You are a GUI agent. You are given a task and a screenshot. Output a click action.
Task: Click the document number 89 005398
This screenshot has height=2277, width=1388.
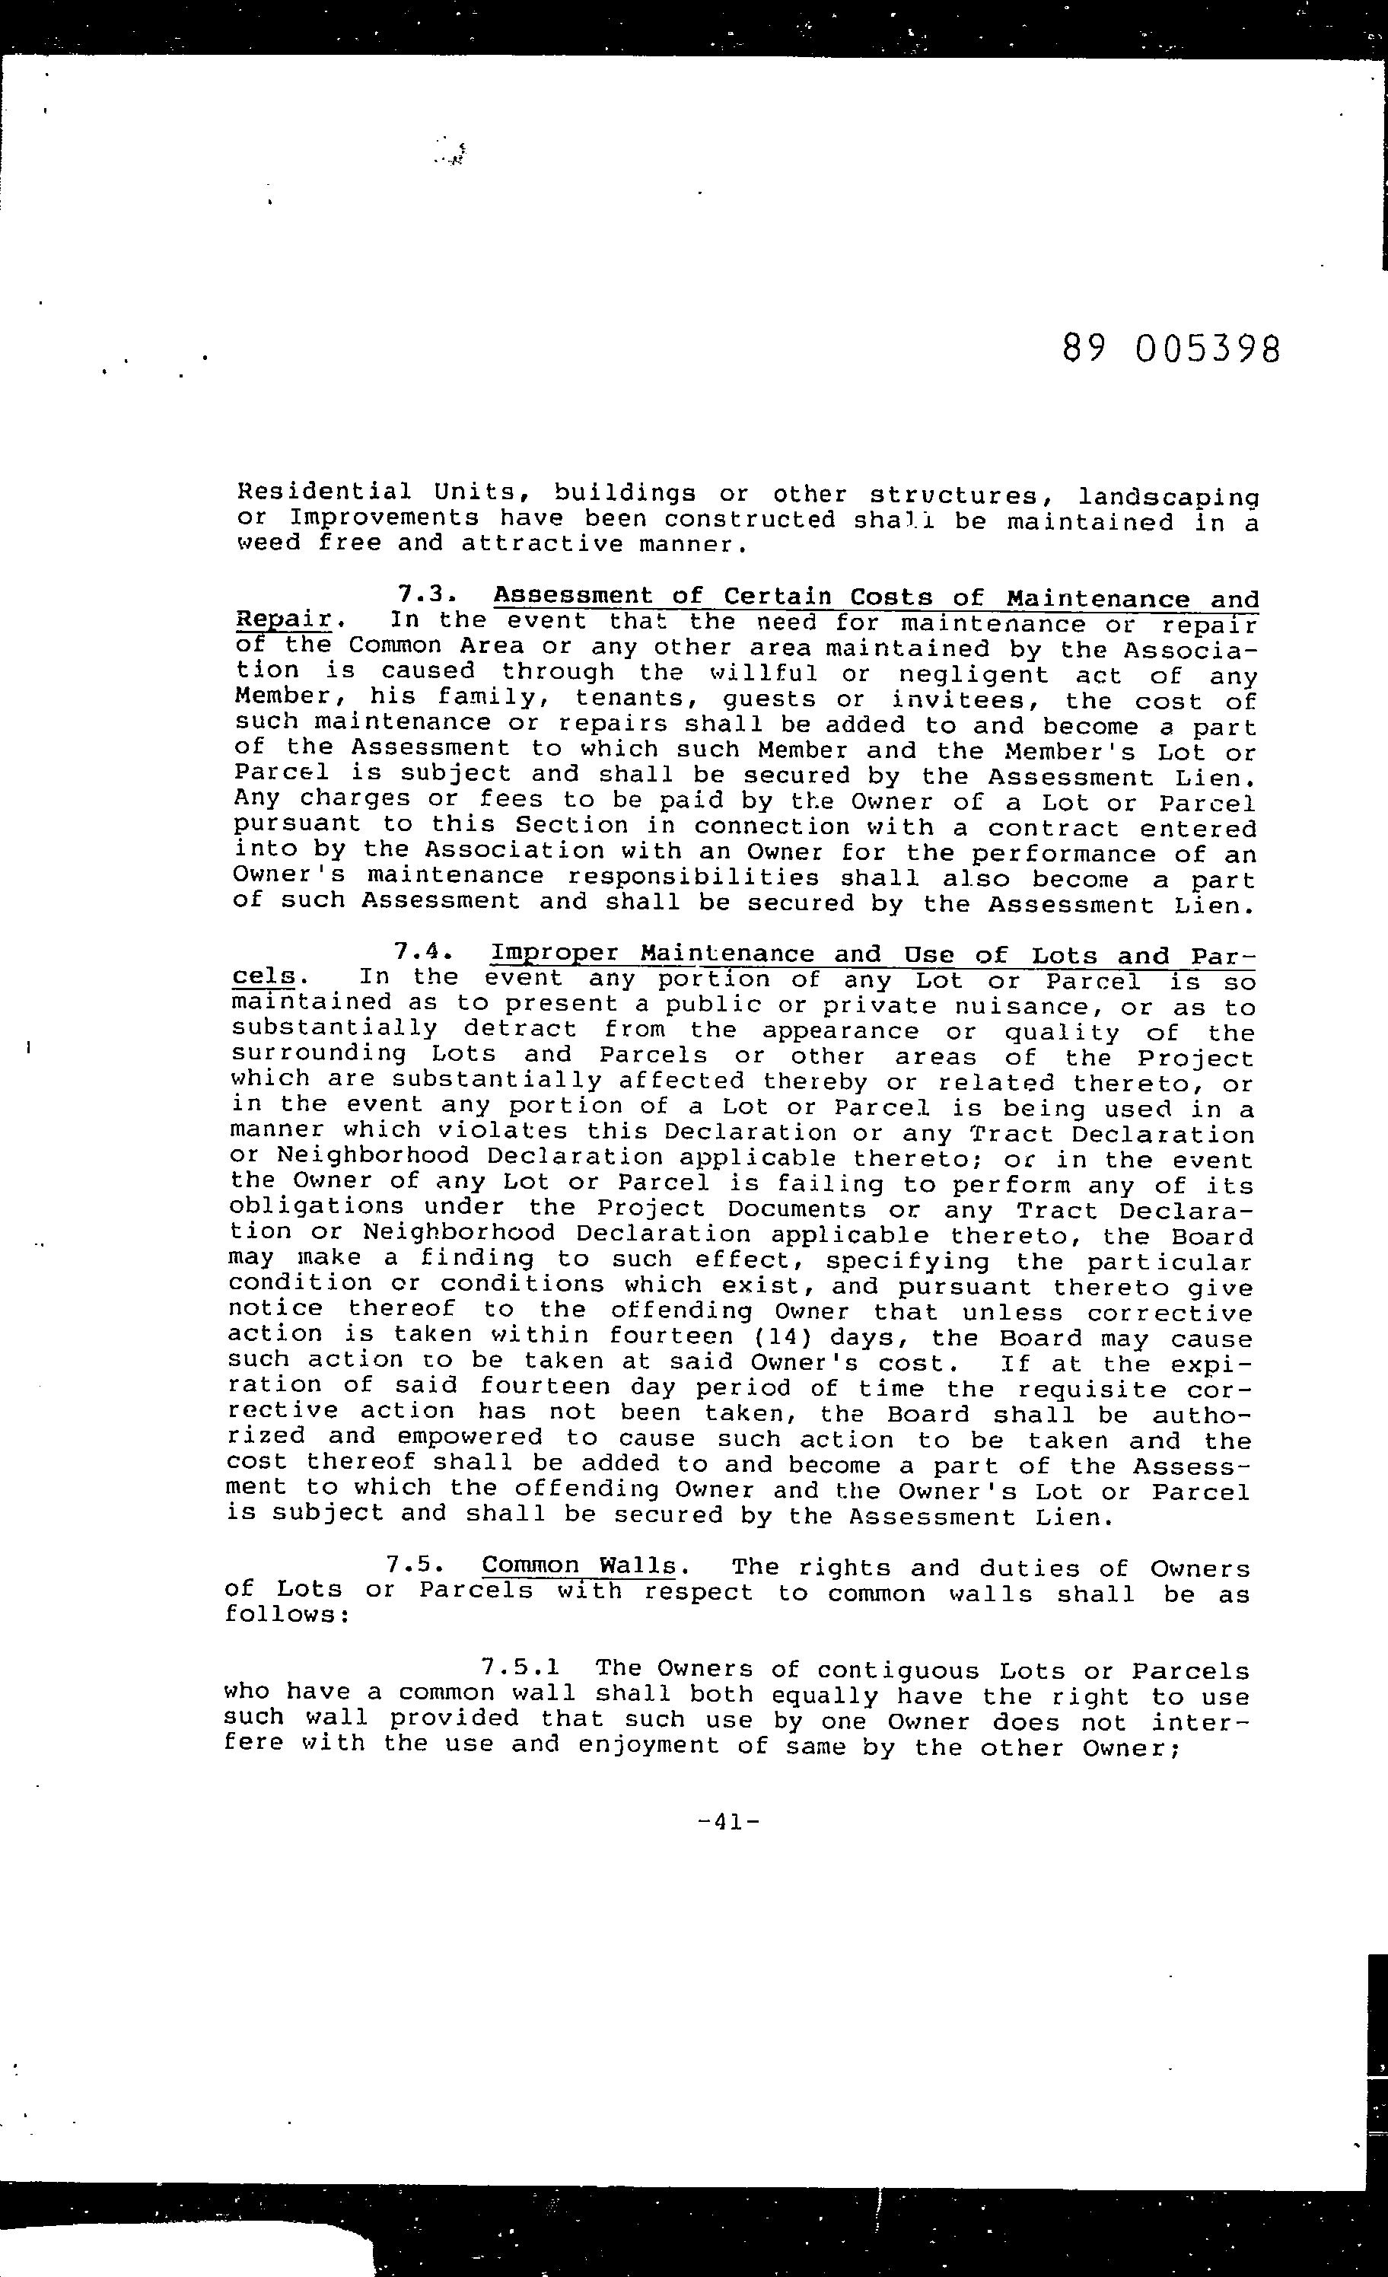pos(1171,350)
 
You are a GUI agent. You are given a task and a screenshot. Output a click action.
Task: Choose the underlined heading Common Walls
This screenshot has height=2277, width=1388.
pos(578,1565)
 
